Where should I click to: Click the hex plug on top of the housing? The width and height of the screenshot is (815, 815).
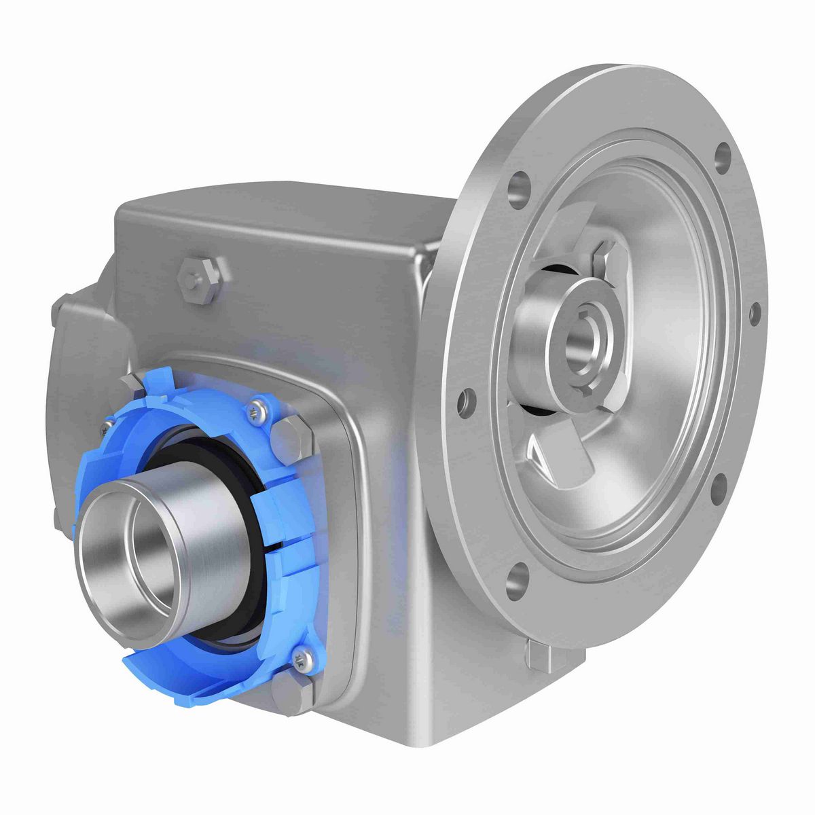click(200, 278)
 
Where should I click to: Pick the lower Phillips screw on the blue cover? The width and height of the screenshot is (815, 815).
click(301, 657)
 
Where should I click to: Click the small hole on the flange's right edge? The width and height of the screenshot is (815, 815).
click(754, 313)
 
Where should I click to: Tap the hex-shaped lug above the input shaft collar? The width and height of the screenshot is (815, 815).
click(606, 259)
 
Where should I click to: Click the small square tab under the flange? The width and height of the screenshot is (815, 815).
click(540, 654)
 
